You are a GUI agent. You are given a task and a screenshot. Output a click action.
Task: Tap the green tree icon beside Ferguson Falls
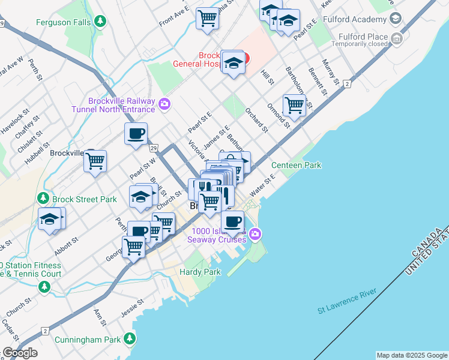(x=101, y=23)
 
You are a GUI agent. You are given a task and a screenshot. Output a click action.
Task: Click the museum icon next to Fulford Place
(x=396, y=40)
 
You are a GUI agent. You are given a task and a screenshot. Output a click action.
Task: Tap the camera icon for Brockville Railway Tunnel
(x=164, y=105)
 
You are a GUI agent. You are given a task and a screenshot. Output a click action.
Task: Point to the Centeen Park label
(x=296, y=165)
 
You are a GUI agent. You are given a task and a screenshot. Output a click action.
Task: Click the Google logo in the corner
(x=20, y=353)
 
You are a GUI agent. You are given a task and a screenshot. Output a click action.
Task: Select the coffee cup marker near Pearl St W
(x=136, y=133)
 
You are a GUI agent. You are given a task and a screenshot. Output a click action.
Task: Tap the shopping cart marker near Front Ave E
(x=207, y=17)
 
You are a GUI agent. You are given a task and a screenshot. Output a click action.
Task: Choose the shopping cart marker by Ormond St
(x=294, y=104)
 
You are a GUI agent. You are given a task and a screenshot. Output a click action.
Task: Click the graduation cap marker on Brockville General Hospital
(x=232, y=62)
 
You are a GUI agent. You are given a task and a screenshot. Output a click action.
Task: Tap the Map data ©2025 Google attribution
(x=412, y=355)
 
